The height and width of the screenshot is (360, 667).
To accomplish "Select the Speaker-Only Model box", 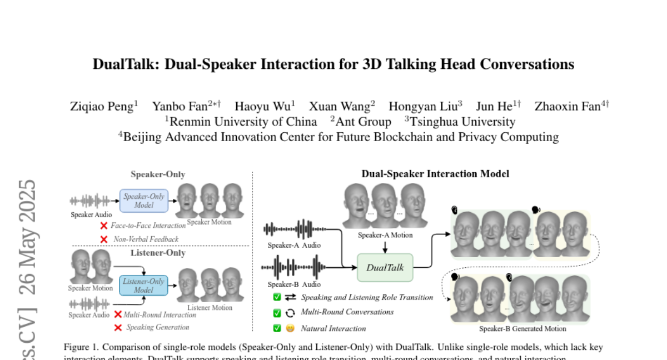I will coord(143,201).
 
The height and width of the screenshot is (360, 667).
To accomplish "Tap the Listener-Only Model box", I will coord(143,286).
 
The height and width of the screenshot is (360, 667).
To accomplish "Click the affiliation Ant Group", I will coord(363,122).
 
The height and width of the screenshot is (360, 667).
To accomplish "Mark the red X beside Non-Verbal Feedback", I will coord(103,239).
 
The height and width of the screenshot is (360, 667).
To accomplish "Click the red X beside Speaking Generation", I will coord(118,327).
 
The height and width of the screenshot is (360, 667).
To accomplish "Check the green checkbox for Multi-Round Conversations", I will coord(277,313).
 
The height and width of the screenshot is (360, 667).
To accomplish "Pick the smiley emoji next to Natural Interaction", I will coord(290,328).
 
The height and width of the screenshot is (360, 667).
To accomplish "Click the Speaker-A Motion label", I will coord(385,235).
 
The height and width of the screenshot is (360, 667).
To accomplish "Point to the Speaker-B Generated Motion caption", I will coord(522,329).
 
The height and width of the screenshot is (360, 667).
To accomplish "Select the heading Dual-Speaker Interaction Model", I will coord(435,174).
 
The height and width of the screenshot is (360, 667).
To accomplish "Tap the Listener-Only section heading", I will coord(158,253).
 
